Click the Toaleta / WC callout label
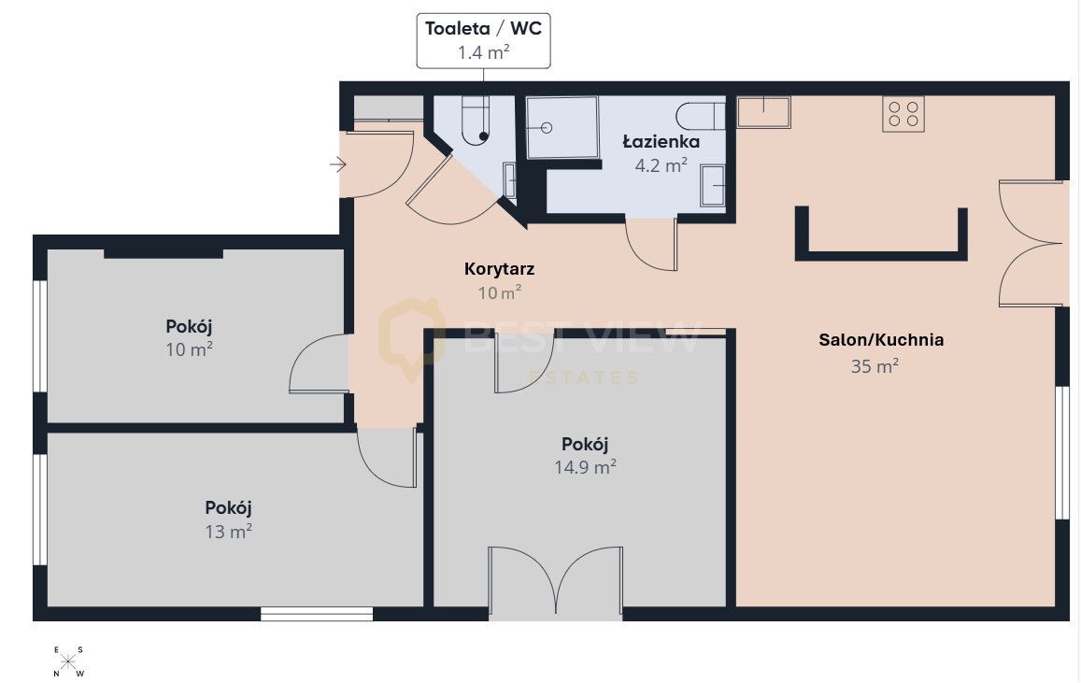pyautogui.click(x=483, y=40)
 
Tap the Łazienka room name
pyautogui.click(x=661, y=142)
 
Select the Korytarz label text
pyautogui.click(x=499, y=269)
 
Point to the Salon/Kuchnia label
pyautogui.click(x=881, y=340)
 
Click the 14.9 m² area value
pyautogui.click(x=585, y=467)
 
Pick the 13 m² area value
pyautogui.click(x=228, y=532)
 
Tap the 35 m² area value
pyautogui.click(x=875, y=366)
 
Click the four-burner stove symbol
pyautogui.click(x=903, y=114)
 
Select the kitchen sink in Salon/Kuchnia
pyautogui.click(x=763, y=112)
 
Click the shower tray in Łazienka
pyautogui.click(x=562, y=127)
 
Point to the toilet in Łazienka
pyautogui.click(x=701, y=116)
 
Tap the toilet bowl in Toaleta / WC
pyautogui.click(x=475, y=121)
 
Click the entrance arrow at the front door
pyautogui.click(x=338, y=164)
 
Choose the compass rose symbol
pyautogui.click(x=68, y=662)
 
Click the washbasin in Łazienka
pyautogui.click(x=713, y=185)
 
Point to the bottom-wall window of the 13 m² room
pyautogui.click(x=317, y=613)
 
